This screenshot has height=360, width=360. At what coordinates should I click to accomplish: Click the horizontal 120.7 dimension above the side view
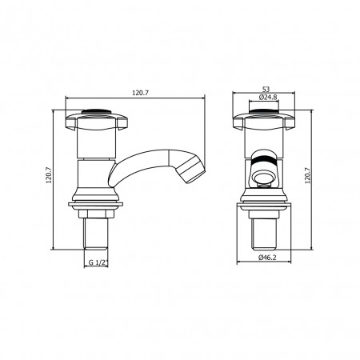[x=140, y=93]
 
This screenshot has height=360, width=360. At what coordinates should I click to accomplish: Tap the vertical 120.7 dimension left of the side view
[x=48, y=175]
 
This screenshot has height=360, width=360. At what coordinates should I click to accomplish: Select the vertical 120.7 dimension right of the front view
[x=308, y=175]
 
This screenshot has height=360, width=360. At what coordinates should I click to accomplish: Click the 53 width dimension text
[x=266, y=89]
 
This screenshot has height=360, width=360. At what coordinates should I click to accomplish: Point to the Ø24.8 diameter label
[x=268, y=98]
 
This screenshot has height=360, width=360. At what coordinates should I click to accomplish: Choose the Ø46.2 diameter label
[x=267, y=258]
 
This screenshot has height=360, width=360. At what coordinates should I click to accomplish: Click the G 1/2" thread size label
[x=98, y=262]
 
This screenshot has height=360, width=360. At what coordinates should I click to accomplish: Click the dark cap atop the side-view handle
[x=96, y=111]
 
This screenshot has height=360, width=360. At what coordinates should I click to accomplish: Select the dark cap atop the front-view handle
[x=264, y=111]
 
